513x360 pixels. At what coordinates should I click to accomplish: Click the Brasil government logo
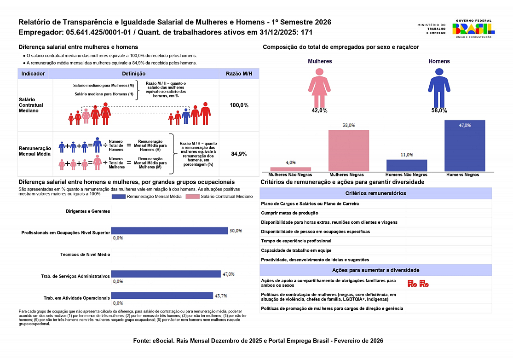point(473,29)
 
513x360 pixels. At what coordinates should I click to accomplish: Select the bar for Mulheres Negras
point(349,151)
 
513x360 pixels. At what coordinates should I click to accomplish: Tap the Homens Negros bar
point(465,145)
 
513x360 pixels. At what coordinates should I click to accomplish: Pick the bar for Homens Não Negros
point(407,165)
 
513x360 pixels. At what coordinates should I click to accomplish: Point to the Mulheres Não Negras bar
point(290,169)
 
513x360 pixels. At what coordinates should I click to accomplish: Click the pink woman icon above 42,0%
point(319,87)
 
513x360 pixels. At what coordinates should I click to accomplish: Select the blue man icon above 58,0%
point(439,87)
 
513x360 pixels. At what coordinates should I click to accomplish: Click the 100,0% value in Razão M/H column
point(239,105)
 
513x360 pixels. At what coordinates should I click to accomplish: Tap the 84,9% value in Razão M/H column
point(239,154)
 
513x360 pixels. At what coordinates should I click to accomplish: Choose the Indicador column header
point(33,74)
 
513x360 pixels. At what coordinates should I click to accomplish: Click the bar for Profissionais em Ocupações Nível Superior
point(169,231)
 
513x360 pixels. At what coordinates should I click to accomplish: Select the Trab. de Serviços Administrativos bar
point(166,274)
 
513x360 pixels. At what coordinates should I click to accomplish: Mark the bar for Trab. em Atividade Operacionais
point(162,296)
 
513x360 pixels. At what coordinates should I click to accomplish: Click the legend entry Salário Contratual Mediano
point(219,197)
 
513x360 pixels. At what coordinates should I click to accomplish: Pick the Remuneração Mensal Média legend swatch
point(118,197)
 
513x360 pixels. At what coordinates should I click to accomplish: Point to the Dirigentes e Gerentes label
point(88,211)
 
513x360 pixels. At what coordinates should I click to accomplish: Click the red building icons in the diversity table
point(418,284)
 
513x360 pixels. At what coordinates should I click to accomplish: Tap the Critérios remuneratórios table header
point(375,193)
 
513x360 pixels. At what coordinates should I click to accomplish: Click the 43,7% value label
point(221,296)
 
